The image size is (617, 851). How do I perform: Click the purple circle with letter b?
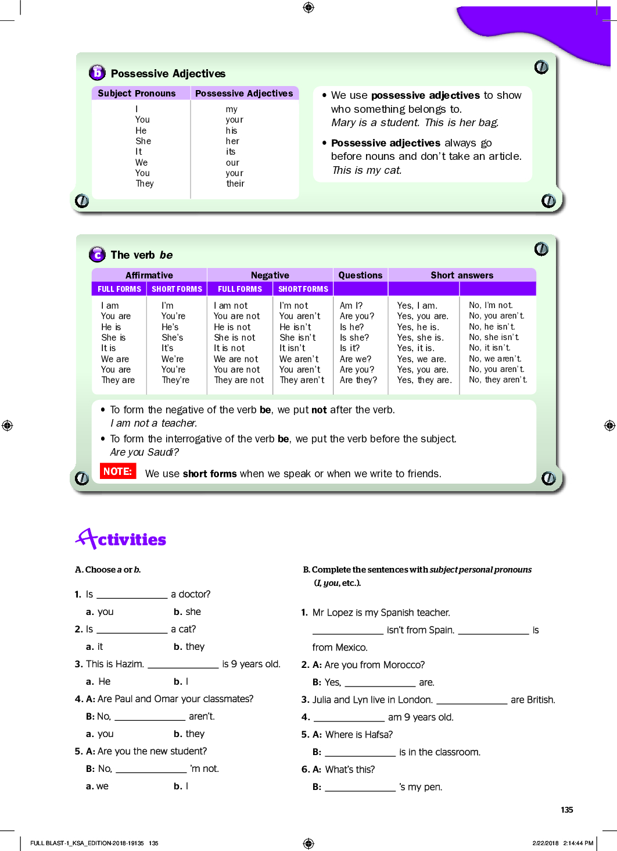[x=97, y=73]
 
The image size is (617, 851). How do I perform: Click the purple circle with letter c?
[x=97, y=255]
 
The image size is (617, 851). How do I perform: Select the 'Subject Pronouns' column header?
[x=137, y=94]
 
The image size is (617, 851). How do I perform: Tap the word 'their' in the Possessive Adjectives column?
[x=235, y=184]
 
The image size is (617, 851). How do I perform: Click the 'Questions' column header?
[x=360, y=276]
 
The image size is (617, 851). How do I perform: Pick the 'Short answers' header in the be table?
[x=462, y=276]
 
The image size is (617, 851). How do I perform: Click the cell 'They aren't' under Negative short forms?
[x=302, y=380]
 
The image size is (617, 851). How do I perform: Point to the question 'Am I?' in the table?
[x=351, y=306]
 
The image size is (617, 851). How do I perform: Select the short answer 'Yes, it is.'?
[x=415, y=348]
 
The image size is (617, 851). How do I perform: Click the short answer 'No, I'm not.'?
[x=491, y=306]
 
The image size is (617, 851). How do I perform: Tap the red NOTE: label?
[x=118, y=471]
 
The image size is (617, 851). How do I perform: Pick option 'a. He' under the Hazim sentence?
[x=98, y=682]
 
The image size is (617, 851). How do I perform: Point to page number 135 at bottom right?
[x=567, y=810]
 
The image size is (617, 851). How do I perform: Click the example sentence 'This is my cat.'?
[x=367, y=170]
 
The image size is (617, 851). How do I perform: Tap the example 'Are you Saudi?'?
[x=145, y=452]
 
